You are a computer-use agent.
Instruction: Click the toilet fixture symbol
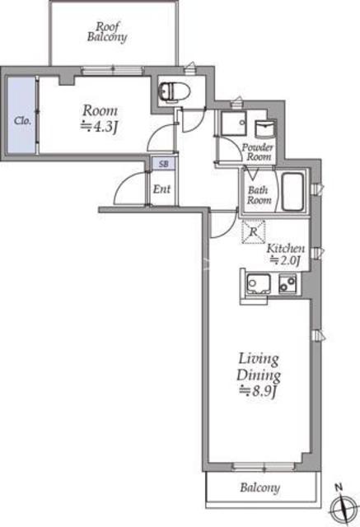click(x=174, y=91)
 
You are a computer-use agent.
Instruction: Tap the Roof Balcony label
click(x=107, y=32)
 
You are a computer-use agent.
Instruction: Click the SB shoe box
click(x=163, y=164)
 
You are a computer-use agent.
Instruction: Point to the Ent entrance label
click(x=161, y=189)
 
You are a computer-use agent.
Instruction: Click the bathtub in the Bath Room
click(x=292, y=192)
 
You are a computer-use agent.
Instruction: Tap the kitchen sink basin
click(x=259, y=283)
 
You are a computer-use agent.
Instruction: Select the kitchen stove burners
click(x=288, y=283)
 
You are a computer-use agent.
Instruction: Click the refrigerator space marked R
click(x=254, y=231)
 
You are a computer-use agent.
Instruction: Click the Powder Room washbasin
click(x=265, y=129)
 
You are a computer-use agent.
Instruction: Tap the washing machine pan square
click(x=234, y=124)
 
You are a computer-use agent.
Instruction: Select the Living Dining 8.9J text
click(x=259, y=375)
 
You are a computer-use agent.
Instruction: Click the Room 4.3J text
click(x=101, y=119)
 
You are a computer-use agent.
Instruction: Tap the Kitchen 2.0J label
click(x=286, y=254)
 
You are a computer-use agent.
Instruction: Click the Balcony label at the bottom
click(x=259, y=487)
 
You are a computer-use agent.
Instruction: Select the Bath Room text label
click(x=259, y=195)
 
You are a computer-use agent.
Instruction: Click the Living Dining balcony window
click(x=264, y=467)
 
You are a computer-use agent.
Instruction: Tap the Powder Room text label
click(x=258, y=152)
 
